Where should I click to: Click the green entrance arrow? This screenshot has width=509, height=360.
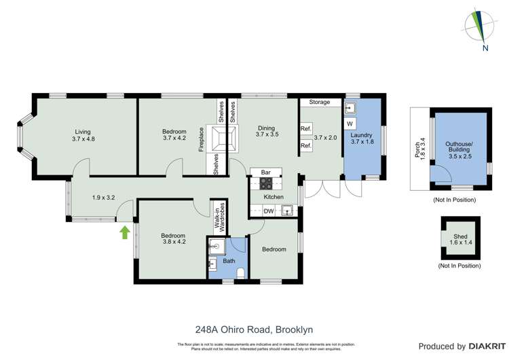(124, 232)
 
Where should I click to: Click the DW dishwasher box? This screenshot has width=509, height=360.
(269, 211)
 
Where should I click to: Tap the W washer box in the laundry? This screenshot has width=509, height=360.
(350, 124)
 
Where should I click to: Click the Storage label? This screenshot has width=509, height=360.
(320, 102)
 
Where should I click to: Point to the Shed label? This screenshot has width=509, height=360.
(460, 240)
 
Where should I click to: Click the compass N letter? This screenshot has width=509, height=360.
(485, 48)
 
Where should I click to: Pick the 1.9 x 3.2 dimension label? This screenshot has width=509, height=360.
(104, 198)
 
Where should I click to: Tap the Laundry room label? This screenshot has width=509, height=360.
(362, 139)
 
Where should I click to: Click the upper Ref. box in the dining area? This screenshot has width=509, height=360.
(305, 128)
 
